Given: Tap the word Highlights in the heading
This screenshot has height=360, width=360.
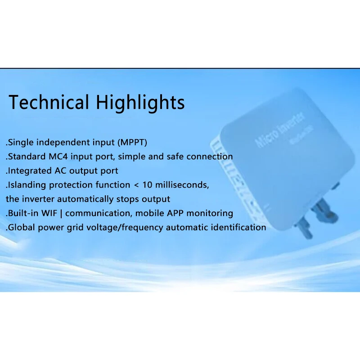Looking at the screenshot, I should pyautogui.click(x=140, y=103).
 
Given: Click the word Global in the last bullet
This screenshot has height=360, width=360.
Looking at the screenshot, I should pyautogui.click(x=21, y=227).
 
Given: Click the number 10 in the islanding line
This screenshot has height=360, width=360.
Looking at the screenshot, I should pyautogui.click(x=149, y=185).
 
